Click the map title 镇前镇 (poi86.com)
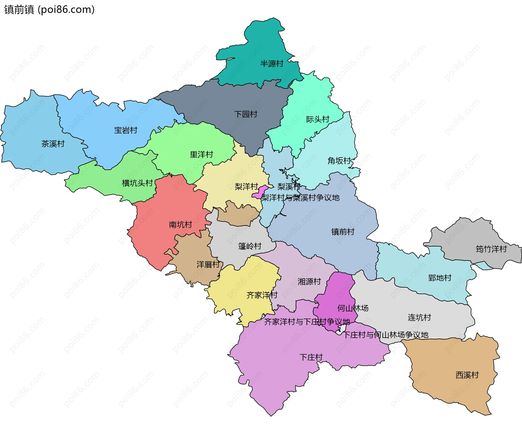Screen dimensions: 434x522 point(49,10)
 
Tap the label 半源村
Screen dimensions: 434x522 point(272,64)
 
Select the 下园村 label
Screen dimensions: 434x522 point(246,114)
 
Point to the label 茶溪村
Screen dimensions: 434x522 point(53,144)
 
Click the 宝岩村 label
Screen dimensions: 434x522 point(126,130)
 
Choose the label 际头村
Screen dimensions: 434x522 point(318,119)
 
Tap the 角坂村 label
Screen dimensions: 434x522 point(339,161)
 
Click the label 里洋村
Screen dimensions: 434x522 point(201,155)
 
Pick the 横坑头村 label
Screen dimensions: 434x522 point(137,183)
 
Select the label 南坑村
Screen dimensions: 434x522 point(181,224)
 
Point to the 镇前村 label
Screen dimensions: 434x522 point(343,232)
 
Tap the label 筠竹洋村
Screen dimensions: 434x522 point(491,249)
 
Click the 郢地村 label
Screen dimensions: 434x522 point(440,278)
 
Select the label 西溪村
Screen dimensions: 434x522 point(467,375)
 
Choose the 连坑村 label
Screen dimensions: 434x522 point(419,317)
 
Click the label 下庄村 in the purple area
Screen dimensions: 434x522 point(311,357)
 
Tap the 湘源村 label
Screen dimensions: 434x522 point(309,281)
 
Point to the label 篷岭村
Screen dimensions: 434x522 point(250,246)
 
